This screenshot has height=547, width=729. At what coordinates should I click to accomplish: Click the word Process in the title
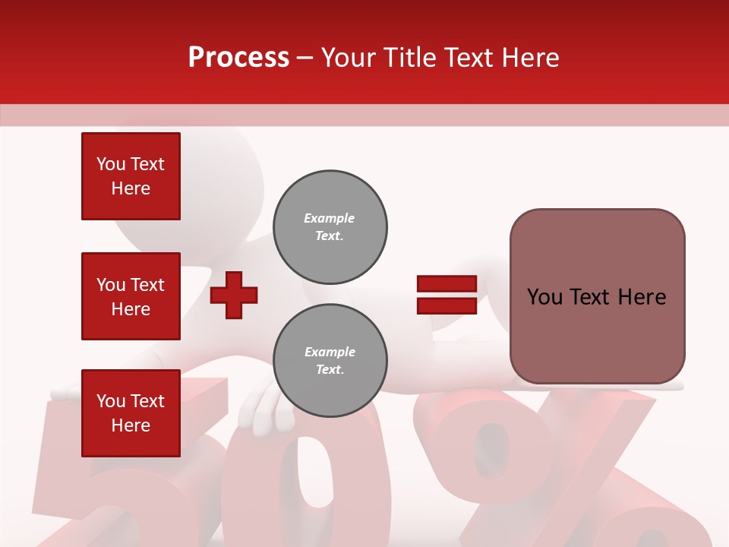[238, 58]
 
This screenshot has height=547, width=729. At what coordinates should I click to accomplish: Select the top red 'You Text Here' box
[131, 176]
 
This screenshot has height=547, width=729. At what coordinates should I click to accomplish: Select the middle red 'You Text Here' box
[131, 296]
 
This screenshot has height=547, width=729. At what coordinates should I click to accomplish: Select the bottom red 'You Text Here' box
[131, 413]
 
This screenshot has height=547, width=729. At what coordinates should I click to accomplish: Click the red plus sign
[234, 296]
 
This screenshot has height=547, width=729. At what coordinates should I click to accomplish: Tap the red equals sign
[447, 296]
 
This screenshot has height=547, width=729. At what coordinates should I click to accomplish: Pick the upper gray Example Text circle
[330, 227]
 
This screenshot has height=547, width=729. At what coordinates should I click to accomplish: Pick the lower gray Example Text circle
[330, 361]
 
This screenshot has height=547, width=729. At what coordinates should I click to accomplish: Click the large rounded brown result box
[597, 296]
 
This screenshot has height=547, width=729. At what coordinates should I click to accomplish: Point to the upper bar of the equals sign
[447, 284]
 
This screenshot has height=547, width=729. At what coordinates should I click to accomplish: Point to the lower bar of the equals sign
[447, 306]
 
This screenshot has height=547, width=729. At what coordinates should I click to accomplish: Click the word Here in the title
[531, 58]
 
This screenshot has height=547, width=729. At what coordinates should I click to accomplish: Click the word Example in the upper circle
[330, 219]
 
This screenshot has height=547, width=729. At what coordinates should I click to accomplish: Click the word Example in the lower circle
[330, 353]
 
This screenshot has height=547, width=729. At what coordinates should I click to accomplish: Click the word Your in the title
[347, 58]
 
